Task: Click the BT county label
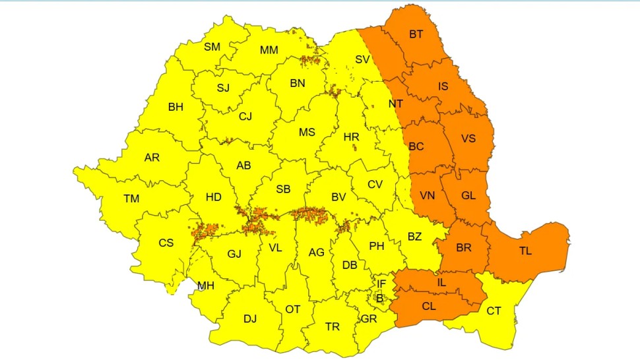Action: pyautogui.click(x=416, y=34)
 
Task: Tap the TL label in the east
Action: pyautogui.click(x=525, y=251)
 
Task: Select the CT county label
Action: pyautogui.click(x=494, y=311)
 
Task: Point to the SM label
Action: pyautogui.click(x=212, y=47)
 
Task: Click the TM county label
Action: pyautogui.click(x=131, y=198)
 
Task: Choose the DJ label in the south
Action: pyautogui.click(x=249, y=319)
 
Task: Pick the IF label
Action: pyautogui.click(x=381, y=284)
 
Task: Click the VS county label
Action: pyautogui.click(x=468, y=138)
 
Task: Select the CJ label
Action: pyautogui.click(x=245, y=117)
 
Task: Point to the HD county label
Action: pyautogui.click(x=213, y=196)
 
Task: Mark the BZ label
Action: pyautogui.click(x=414, y=236)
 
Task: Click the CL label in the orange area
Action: pyautogui.click(x=428, y=306)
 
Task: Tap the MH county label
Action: pyautogui.click(x=206, y=286)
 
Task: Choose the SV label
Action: pyautogui.click(x=362, y=59)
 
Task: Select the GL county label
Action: pyautogui.click(x=468, y=195)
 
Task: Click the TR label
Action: pyautogui.click(x=333, y=326)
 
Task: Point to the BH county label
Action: pyautogui.click(x=176, y=107)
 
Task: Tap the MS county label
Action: pyautogui.click(x=307, y=132)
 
